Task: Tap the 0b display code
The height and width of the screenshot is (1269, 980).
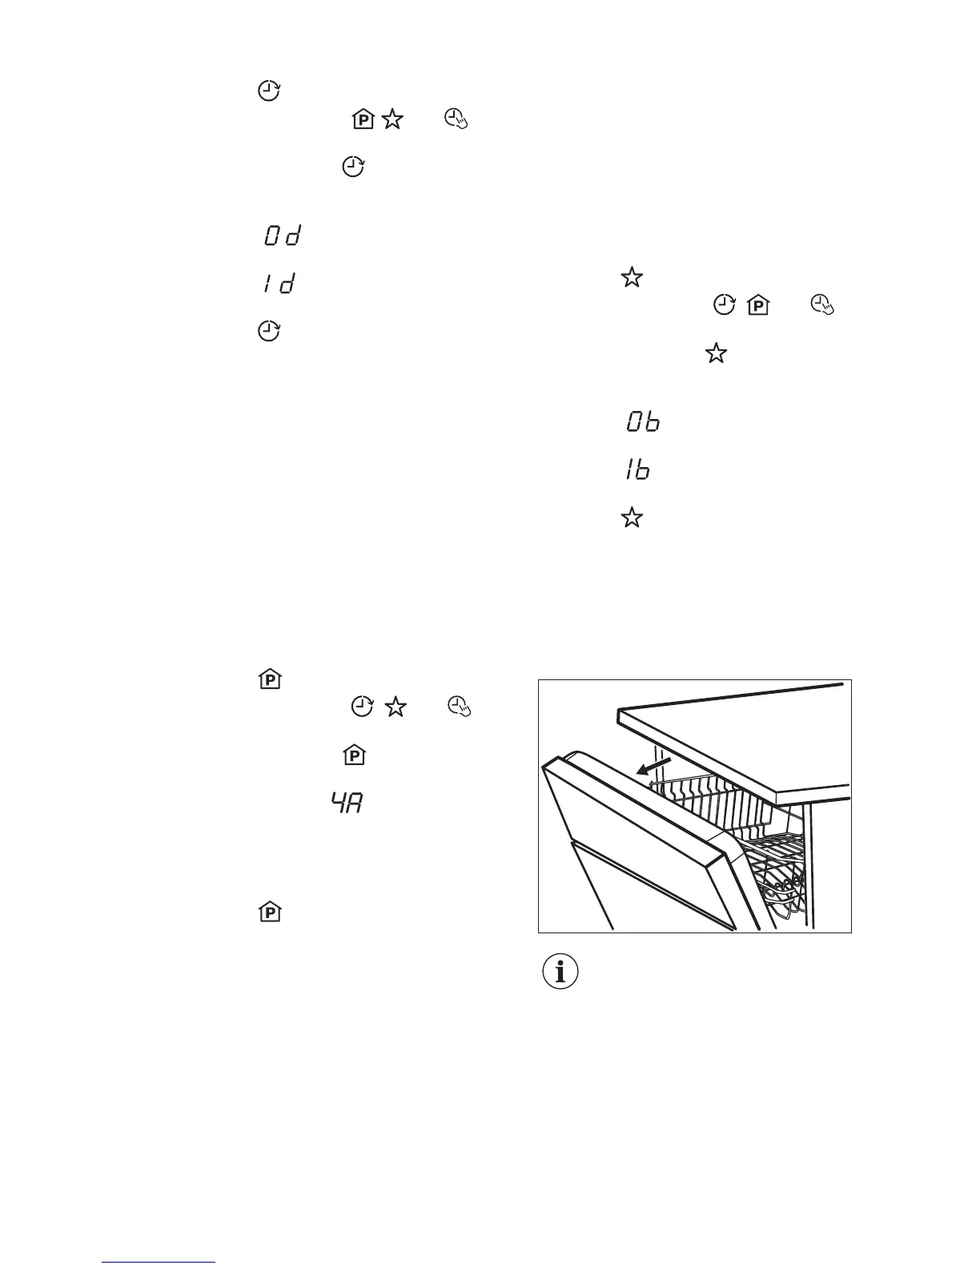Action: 643,422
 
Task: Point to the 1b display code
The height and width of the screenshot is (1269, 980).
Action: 638,469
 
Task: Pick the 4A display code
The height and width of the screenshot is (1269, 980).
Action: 347,804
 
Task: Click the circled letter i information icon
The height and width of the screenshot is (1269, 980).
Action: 560,972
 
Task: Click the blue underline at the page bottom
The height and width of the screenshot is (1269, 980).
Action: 159,1262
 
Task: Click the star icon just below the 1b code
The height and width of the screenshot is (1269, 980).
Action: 632,518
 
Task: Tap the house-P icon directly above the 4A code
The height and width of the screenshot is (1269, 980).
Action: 354,755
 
